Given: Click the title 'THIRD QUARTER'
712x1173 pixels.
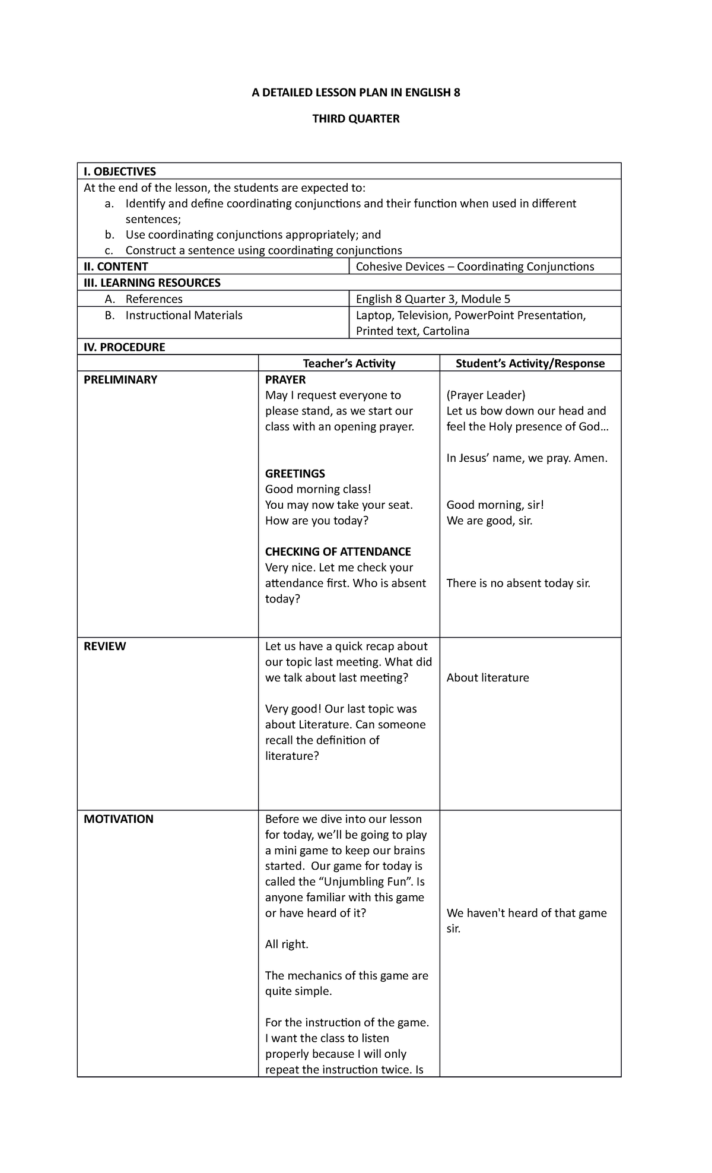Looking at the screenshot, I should coord(356,119).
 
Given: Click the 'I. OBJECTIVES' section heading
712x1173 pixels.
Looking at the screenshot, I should coord(120,172).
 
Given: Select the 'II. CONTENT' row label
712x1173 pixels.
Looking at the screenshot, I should coord(116,267).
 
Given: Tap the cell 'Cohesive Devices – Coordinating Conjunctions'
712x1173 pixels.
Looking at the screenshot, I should coord(475,267).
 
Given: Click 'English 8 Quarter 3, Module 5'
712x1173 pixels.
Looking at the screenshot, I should coord(433,299).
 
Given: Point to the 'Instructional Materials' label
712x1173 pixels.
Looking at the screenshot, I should coord(184,315).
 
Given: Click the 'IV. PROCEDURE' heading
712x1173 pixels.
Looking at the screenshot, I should coord(124,347).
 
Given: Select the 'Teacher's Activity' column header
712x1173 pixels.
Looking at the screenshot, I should coord(349,363).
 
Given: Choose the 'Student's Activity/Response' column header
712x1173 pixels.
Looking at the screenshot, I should coord(530,363).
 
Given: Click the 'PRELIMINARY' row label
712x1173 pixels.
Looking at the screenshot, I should coord(120,380).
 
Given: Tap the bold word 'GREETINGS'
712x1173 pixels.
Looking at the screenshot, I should coord(295,474).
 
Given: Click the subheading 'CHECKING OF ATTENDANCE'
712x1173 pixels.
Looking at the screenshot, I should coord(338,551).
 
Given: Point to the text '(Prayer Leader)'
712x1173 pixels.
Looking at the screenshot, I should coord(486,395).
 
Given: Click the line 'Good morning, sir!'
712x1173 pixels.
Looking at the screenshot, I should coord(495,505).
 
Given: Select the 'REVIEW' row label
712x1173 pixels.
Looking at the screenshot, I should coord(105,646).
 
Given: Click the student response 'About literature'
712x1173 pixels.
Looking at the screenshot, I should coord(488,678).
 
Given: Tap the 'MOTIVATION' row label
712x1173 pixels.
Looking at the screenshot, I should coord(119,819).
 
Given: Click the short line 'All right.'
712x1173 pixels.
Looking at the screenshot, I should coord(287,944).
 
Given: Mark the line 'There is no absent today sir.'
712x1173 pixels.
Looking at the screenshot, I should coord(518,583).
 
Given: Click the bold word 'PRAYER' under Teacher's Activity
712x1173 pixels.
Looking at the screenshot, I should coord(285,380).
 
